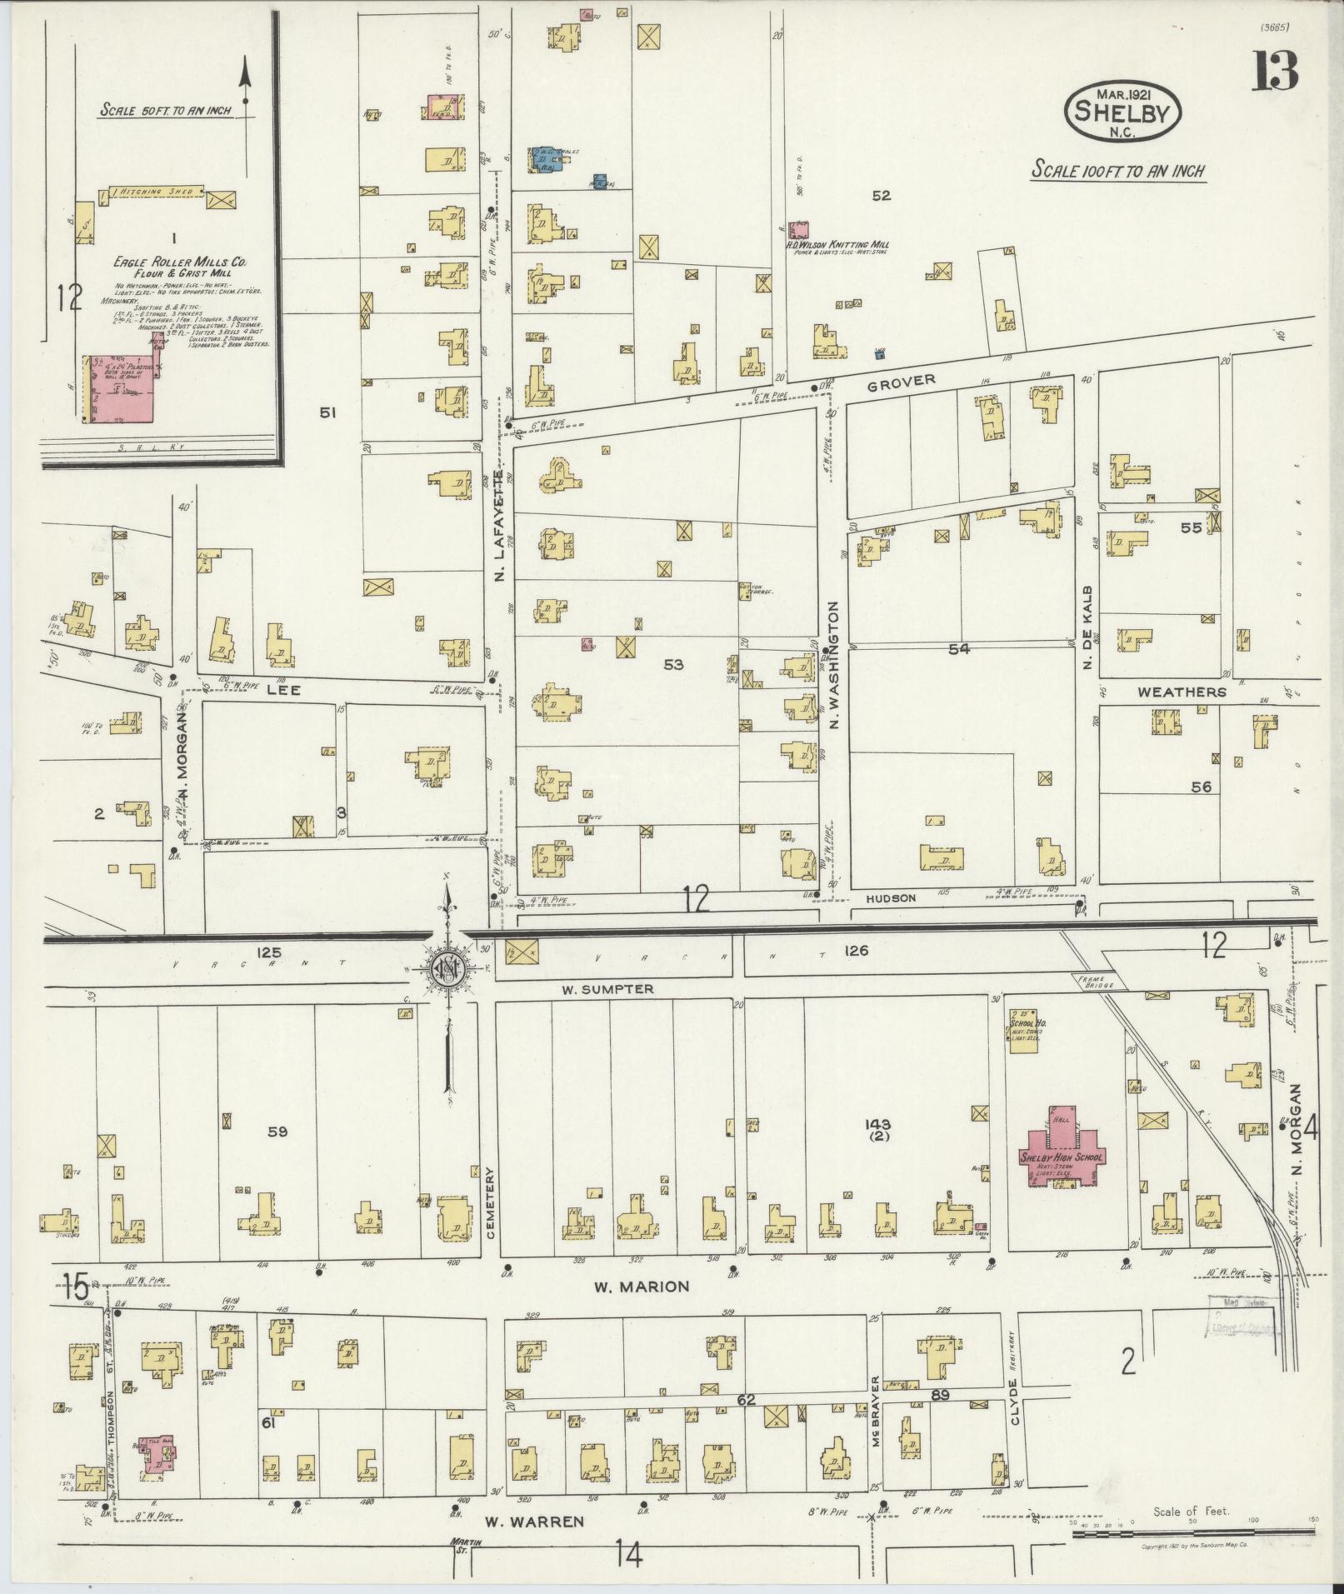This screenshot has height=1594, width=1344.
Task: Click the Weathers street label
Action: tap(1181, 691)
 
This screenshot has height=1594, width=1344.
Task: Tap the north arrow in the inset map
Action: tap(246, 83)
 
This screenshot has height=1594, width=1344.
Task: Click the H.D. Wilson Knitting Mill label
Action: tap(837, 245)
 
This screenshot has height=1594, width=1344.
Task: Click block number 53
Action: tap(672, 664)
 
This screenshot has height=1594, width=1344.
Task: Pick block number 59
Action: tap(277, 1132)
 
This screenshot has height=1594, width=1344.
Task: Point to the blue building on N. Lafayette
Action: tap(546, 158)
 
